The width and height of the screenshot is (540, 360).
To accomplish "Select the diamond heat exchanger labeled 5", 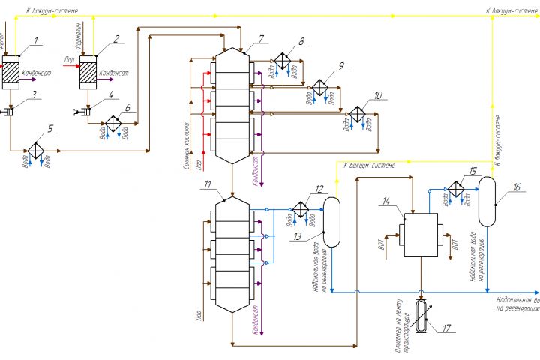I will coord(34,151).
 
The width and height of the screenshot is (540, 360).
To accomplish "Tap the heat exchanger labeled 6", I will coord(112,122).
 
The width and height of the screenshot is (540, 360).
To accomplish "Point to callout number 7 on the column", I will coord(261,38).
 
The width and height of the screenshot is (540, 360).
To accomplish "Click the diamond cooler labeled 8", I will coord(282,61).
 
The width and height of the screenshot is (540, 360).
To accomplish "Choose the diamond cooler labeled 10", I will coord(357,114).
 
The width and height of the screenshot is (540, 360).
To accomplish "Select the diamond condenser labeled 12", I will coord(300,208).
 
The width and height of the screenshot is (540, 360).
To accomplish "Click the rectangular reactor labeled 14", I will coord(421,235).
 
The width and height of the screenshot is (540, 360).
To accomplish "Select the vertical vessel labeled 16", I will coord(488,201).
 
